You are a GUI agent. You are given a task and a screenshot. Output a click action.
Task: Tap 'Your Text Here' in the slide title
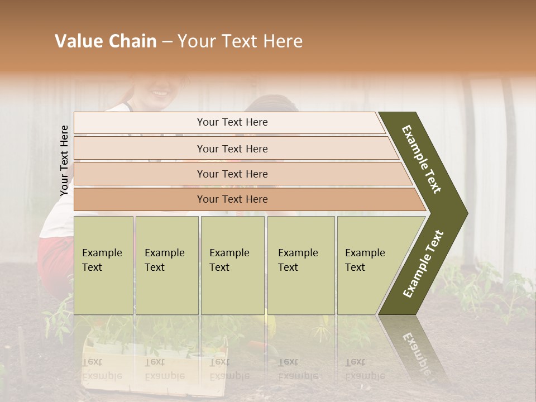coord(240,41)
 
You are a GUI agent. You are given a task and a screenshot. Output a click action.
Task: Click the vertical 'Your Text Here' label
coord(64,161)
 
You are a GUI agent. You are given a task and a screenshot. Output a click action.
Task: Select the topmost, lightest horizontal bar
coord(232,122)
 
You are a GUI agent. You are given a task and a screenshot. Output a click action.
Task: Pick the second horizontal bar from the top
coord(232,149)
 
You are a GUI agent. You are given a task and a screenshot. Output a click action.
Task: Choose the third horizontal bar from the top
coord(232,174)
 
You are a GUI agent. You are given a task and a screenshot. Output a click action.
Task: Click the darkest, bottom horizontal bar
coord(232,199)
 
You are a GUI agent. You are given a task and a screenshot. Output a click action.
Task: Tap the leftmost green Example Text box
coord(103,265)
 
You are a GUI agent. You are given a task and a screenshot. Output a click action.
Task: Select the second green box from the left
coord(167,265)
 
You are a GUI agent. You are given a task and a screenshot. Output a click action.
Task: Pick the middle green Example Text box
coord(232,265)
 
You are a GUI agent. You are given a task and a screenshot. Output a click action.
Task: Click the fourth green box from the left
coord(301,265)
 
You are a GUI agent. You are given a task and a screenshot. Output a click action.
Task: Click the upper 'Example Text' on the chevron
coord(422,159)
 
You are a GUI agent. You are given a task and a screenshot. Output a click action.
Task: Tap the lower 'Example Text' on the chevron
coord(423,264)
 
